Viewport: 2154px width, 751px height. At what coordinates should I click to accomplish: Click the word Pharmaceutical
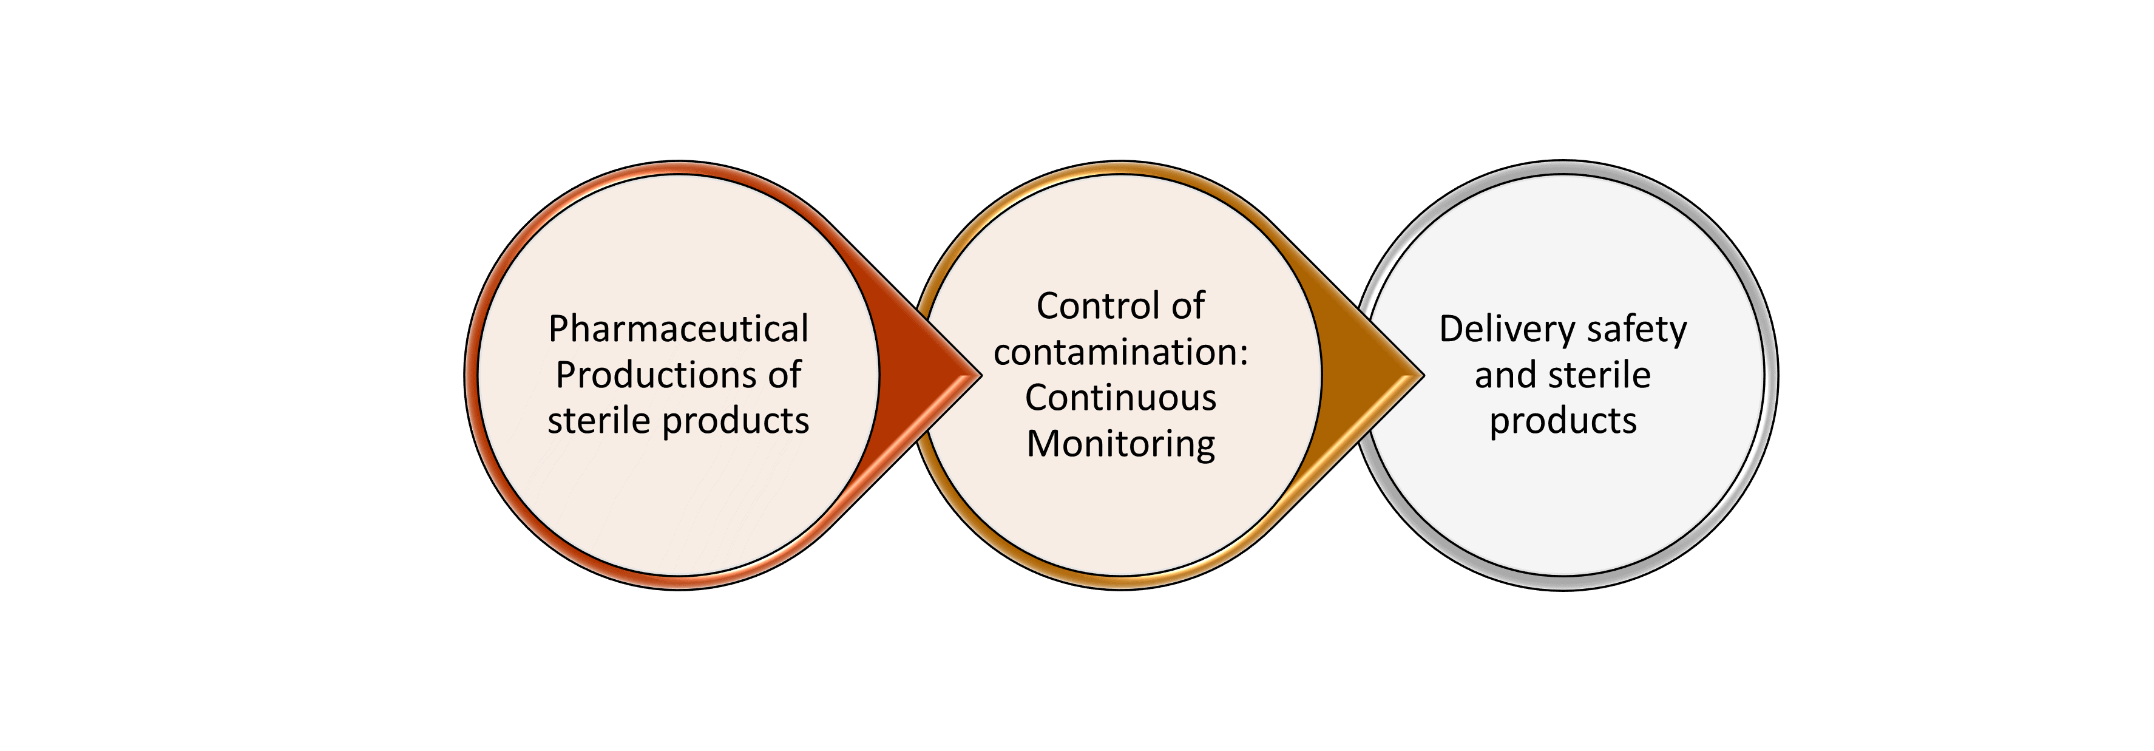tap(678, 328)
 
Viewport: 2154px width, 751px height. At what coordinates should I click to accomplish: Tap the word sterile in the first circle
tap(598, 420)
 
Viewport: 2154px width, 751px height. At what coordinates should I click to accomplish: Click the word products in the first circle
tap(736, 421)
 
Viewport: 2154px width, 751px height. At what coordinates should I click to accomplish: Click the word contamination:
tap(1120, 352)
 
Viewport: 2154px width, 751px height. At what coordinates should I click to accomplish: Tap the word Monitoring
tap(1120, 444)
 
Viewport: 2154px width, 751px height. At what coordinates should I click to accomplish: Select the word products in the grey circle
tap(1563, 421)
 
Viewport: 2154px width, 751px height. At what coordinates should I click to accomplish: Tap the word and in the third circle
tap(1502, 375)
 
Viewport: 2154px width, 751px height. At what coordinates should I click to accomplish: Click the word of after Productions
tap(784, 375)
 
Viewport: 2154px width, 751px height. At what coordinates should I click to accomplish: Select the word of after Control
tap(1187, 306)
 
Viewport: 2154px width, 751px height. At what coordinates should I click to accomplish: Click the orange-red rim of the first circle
tap(472, 375)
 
